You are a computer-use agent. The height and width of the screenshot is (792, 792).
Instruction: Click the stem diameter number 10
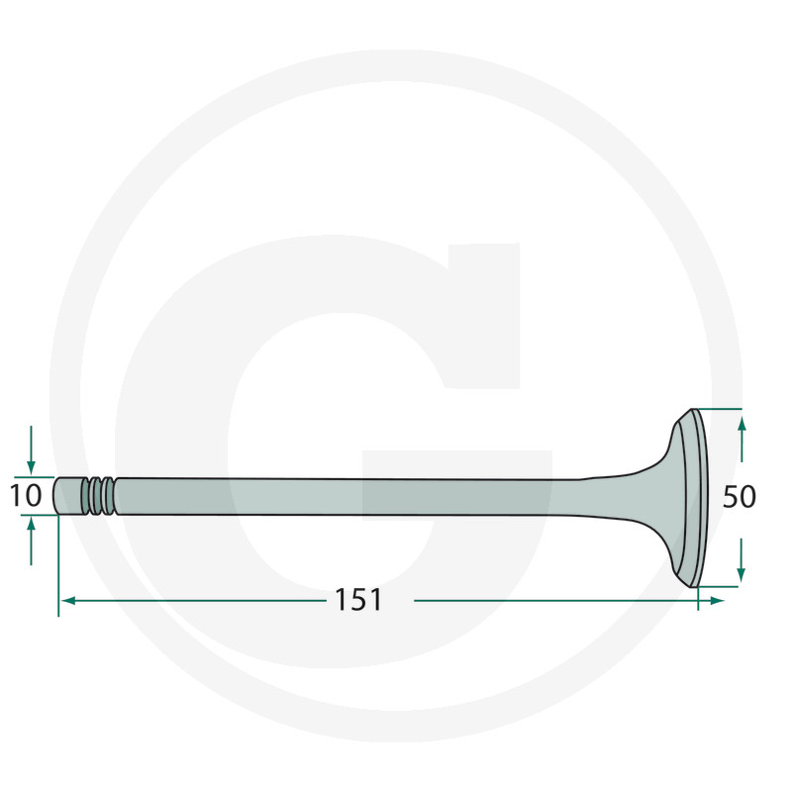[26, 496]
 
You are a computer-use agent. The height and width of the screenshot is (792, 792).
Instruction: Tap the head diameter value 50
[739, 497]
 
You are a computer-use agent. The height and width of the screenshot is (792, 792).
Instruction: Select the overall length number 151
[358, 600]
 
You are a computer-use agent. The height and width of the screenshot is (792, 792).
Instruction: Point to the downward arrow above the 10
[31, 449]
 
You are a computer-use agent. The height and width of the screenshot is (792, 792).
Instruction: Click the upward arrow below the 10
[32, 542]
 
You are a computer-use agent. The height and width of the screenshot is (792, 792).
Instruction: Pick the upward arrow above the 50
[742, 440]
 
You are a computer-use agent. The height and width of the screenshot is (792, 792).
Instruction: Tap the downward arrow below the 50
[741, 559]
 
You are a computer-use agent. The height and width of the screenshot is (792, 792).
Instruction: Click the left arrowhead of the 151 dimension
[67, 601]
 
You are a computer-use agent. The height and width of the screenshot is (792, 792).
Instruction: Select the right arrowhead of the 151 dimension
[717, 601]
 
